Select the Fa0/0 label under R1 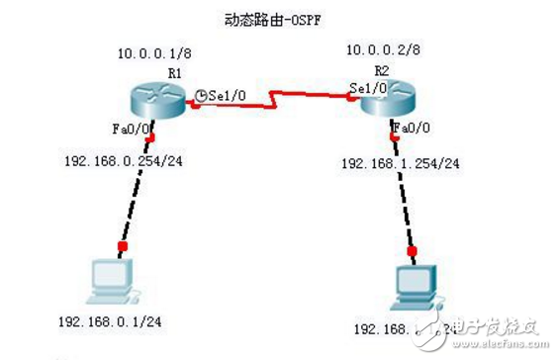[131, 128]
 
